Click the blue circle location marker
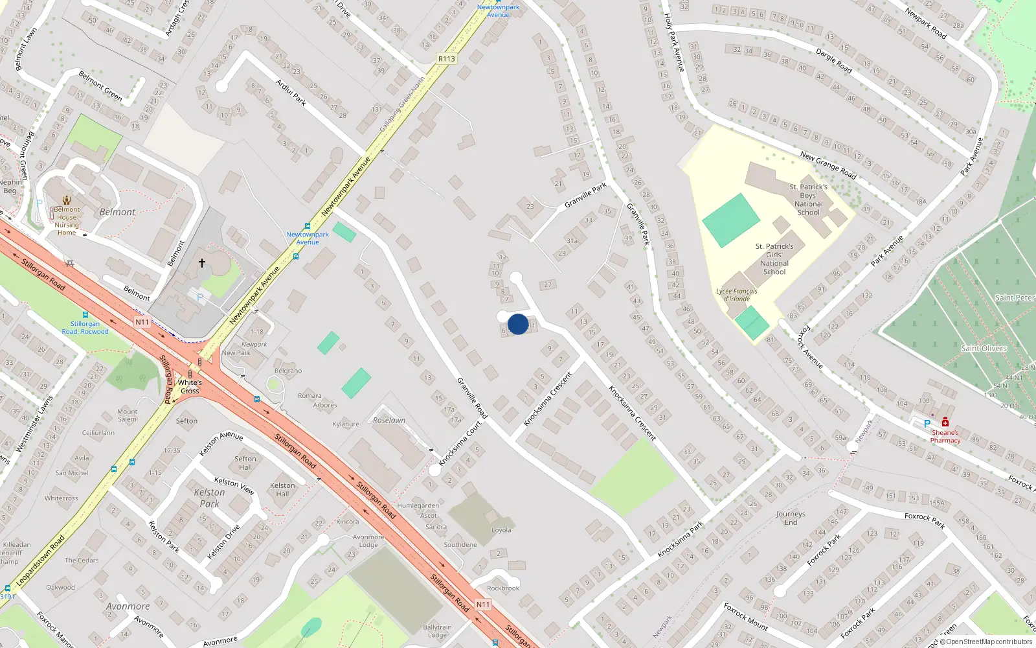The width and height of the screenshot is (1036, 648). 518,324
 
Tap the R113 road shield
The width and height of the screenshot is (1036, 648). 447,58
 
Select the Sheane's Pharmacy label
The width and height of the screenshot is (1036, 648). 945,436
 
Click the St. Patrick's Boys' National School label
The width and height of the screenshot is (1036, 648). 808,200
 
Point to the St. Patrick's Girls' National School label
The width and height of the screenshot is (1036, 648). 774,259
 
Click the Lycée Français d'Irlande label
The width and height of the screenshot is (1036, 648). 737,295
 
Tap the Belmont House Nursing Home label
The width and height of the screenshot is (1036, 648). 67,221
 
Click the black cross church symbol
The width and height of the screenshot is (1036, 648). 201,263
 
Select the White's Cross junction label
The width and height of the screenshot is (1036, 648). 190,386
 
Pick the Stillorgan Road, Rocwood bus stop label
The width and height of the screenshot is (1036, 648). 85,327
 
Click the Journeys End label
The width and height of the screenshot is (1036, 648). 791,518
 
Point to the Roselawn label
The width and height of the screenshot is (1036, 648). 389,420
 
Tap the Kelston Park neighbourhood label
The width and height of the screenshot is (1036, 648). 209,498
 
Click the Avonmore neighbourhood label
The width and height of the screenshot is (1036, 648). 128,607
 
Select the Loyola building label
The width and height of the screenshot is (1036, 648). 501,530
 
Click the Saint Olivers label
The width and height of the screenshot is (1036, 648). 984,348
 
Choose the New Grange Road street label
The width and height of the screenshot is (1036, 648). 828,165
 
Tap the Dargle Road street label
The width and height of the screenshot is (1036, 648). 833,60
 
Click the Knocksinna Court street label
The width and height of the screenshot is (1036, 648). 460,444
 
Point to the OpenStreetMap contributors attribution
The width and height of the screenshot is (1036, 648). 985,642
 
